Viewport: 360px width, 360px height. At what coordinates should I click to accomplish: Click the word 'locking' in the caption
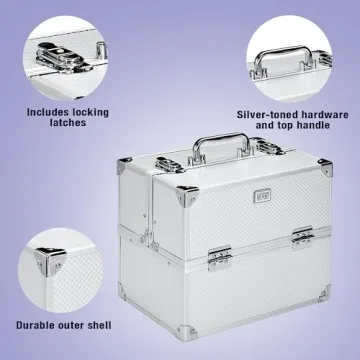coord(88,112)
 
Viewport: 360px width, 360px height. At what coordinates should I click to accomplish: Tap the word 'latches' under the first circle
coord(68,122)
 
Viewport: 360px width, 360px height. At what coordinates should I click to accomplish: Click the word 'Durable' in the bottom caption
coord(37,325)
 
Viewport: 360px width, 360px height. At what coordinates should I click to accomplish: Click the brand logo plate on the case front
coord(262,196)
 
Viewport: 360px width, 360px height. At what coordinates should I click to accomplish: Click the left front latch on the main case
coord(220,258)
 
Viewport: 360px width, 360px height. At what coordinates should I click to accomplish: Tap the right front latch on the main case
coord(303,237)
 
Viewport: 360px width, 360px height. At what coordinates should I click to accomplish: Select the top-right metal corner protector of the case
coord(325,167)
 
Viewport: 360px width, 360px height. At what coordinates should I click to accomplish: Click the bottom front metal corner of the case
coord(187,332)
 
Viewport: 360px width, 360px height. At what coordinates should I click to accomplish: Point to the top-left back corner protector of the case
coord(124,165)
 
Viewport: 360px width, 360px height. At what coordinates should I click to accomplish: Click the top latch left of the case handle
coord(170,165)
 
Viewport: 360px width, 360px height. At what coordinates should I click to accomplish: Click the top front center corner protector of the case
coord(187,196)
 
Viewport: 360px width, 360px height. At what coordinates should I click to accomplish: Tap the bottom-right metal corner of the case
coord(324,293)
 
